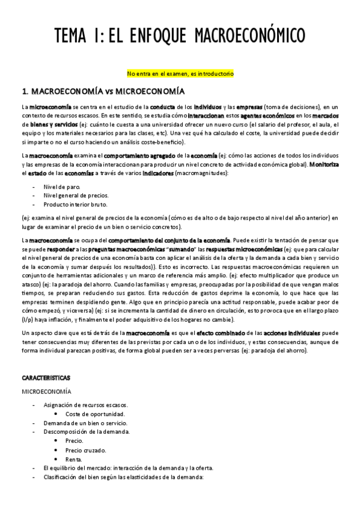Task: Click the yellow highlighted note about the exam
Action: [x=180, y=73]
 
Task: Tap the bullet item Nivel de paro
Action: [x=61, y=186]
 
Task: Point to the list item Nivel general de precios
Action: [x=76, y=195]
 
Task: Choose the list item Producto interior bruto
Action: [x=75, y=205]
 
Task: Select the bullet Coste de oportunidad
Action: [x=95, y=414]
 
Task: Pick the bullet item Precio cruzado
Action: [x=87, y=449]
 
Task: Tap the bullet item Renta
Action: [x=75, y=459]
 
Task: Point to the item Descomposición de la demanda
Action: [x=81, y=431]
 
